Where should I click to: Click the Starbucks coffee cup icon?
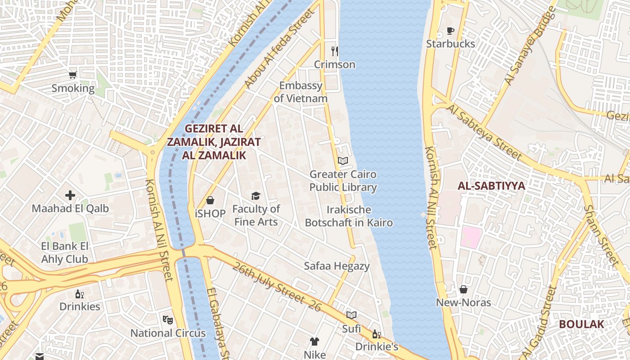[450, 31]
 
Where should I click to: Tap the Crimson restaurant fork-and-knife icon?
[334, 51]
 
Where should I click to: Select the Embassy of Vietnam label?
[301, 92]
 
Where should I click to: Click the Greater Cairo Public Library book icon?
[343, 161]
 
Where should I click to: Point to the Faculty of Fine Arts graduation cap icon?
[256, 196]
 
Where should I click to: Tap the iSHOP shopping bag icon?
[210, 200]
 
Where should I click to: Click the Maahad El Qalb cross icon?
[70, 195]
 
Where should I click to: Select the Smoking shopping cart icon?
[73, 75]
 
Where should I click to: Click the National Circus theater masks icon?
[168, 319]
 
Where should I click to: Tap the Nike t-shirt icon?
[314, 342]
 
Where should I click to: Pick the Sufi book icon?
[351, 315]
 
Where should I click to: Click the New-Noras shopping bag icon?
[463, 289]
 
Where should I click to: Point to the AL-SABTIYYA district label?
[491, 186]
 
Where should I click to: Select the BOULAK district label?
[581, 324]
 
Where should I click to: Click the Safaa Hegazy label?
[337, 266]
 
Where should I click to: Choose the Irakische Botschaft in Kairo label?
[349, 216]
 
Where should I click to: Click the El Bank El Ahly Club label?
[65, 252]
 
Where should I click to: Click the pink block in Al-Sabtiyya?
[471, 237]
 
